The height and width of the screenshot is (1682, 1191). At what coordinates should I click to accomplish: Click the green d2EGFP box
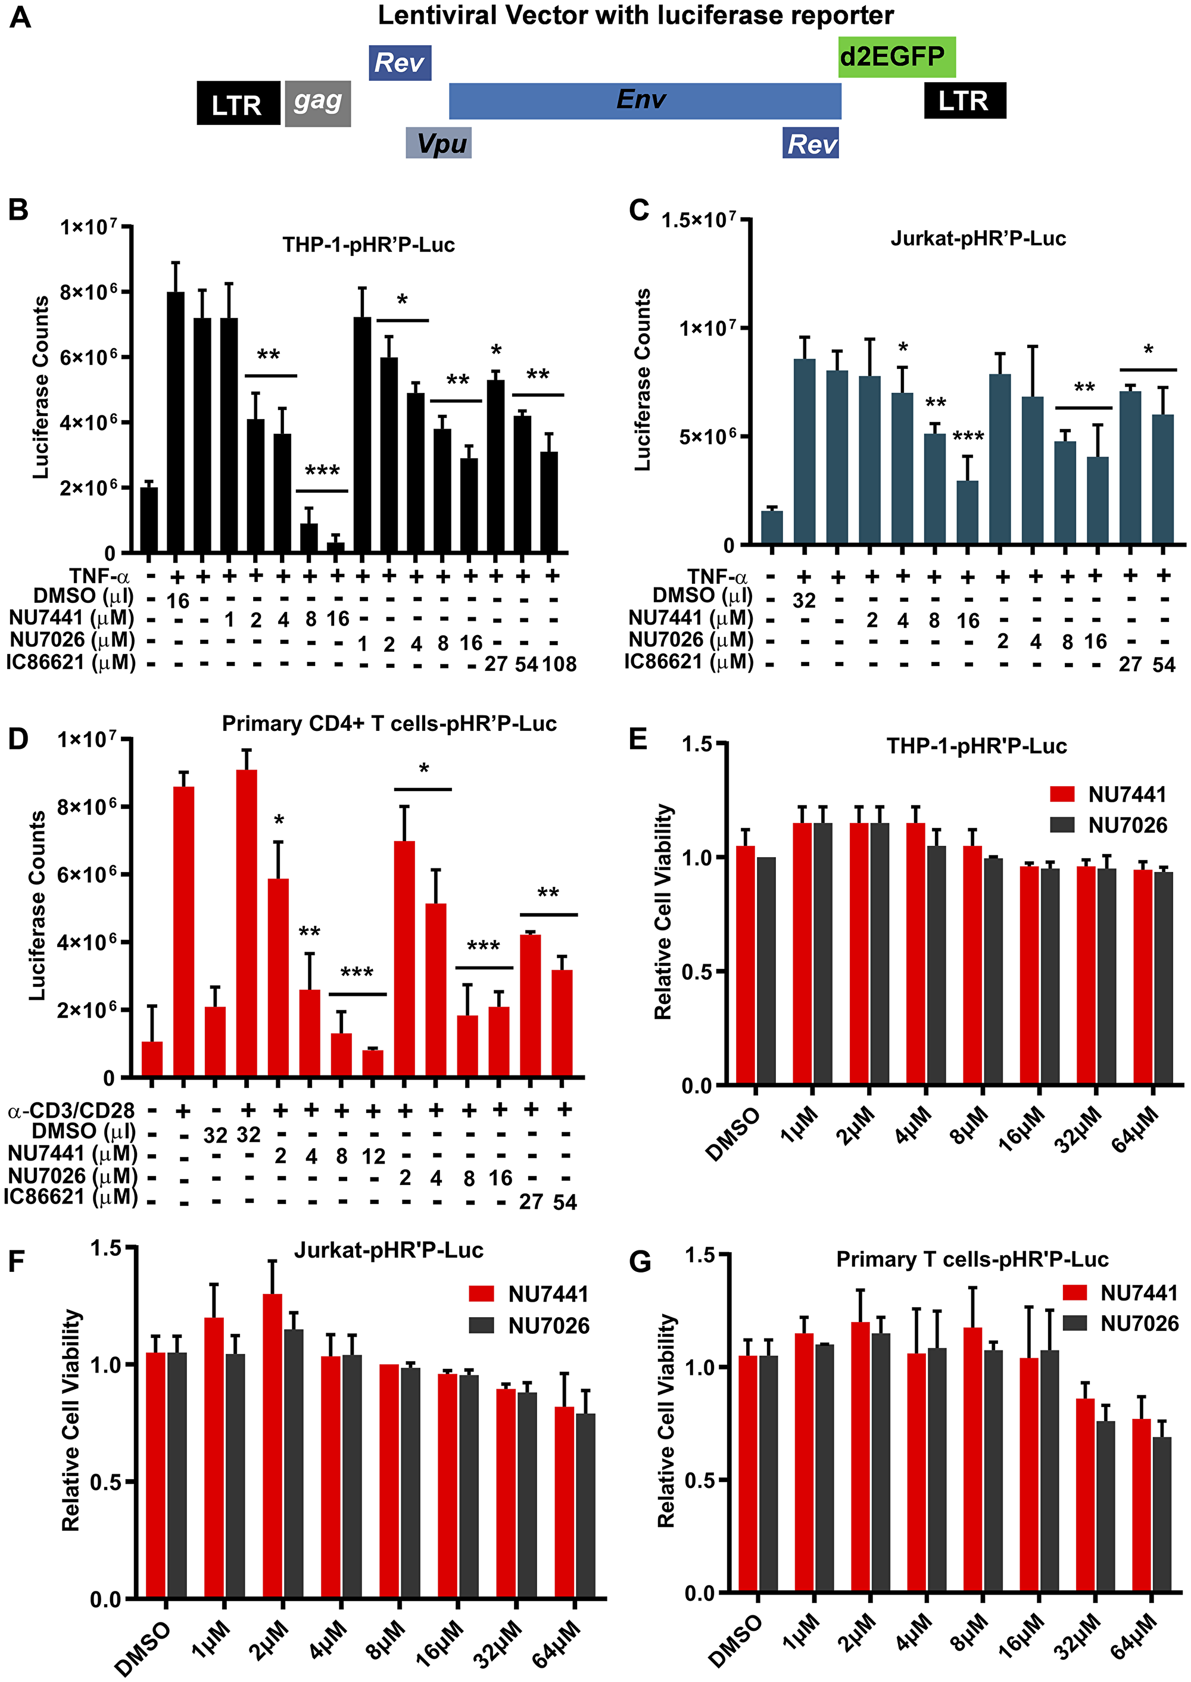[896, 57]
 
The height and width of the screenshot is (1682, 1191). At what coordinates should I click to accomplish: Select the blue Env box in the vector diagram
[644, 101]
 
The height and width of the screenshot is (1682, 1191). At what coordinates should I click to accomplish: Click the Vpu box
[438, 143]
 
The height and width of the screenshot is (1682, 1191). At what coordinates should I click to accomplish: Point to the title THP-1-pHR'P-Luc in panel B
[368, 244]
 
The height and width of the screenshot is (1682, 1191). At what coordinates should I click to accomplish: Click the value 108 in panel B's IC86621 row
[559, 664]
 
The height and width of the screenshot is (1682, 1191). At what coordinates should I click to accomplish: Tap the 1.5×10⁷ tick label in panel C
[698, 220]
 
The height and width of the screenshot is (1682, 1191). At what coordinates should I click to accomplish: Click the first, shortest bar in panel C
[772, 528]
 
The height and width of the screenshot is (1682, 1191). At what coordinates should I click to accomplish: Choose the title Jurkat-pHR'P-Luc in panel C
[978, 238]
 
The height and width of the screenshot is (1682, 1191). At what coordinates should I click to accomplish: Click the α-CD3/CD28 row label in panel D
[71, 1111]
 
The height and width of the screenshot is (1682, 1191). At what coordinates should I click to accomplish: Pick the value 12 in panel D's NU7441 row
[373, 1156]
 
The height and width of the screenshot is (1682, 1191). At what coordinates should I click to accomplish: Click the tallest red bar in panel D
[247, 924]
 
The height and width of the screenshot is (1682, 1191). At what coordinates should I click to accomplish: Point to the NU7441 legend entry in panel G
[1120, 1293]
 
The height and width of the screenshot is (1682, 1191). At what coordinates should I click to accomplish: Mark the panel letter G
[640, 1262]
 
